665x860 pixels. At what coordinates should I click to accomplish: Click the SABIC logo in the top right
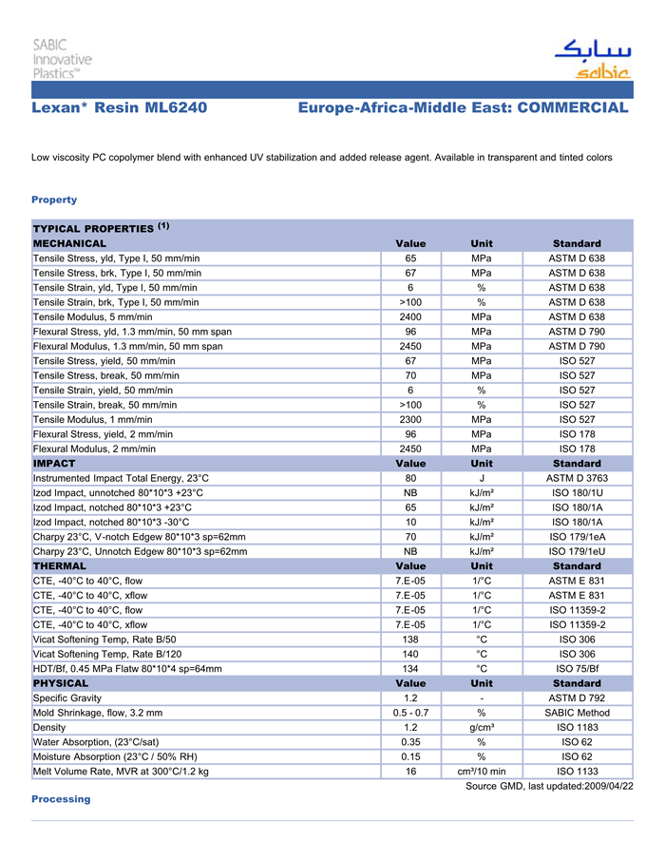pos(592,59)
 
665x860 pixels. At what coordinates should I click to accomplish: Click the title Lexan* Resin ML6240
pos(120,108)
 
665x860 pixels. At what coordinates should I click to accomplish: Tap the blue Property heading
pos(54,200)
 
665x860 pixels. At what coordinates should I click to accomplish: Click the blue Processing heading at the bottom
pos(61,799)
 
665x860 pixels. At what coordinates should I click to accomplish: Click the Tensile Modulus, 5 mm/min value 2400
pos(410,316)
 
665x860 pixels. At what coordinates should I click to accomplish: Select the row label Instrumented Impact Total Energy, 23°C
pos(121,478)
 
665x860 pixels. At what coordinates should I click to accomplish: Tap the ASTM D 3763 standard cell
pos(577,478)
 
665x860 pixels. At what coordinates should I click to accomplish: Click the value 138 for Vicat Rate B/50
pos(410,640)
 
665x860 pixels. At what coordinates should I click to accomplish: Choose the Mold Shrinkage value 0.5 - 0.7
pos(410,713)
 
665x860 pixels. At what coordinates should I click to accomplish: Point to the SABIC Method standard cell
pos(577,713)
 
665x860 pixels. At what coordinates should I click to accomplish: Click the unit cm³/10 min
pos(482,771)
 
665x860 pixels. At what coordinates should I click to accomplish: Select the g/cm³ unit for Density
pos(482,727)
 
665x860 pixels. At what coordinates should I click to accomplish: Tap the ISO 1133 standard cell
pos(577,771)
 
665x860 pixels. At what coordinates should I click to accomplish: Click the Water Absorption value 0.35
pos(410,741)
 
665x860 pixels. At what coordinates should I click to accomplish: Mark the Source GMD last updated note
pos(549,786)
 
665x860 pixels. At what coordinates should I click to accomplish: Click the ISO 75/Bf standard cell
pos(577,668)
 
